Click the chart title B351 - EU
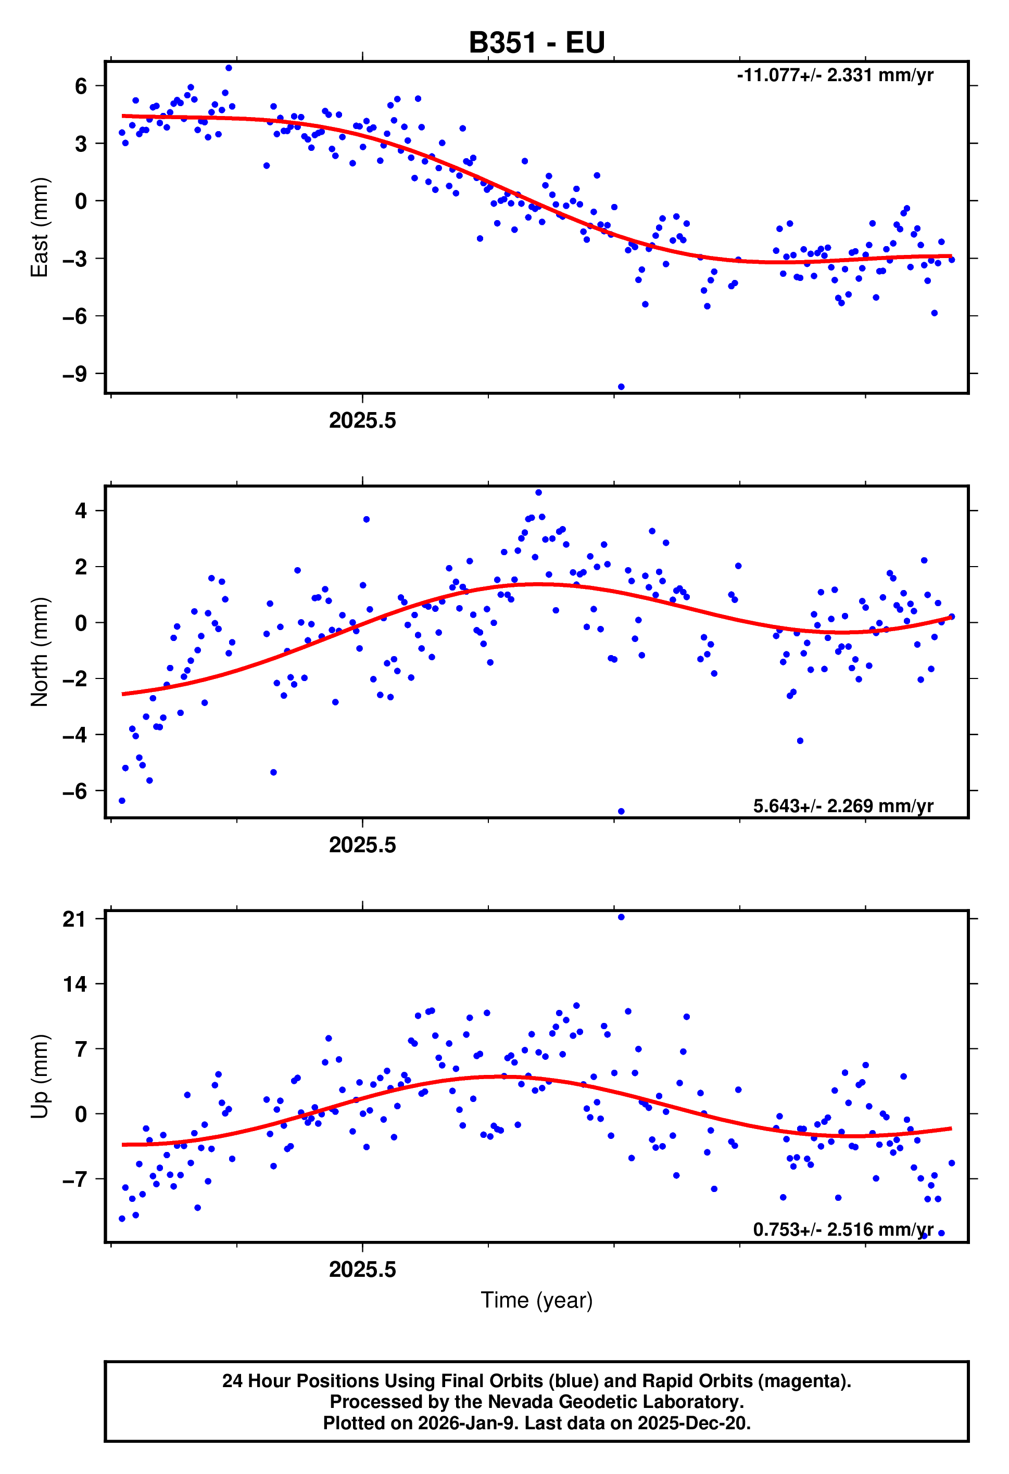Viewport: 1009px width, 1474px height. [x=536, y=43]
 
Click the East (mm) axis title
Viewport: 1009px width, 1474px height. [x=40, y=227]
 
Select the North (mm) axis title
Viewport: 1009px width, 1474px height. [x=40, y=651]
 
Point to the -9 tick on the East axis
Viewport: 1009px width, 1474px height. [x=75, y=374]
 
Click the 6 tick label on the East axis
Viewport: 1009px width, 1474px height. [x=81, y=86]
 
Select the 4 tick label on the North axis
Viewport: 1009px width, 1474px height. [x=81, y=510]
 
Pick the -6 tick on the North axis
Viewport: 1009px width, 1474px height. [x=75, y=791]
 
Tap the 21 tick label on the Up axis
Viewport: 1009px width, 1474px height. [x=75, y=919]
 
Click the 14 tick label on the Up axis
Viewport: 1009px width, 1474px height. [x=75, y=984]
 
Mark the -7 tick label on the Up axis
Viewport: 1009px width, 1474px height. [x=75, y=1178]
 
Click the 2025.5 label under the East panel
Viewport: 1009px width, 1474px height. [x=362, y=420]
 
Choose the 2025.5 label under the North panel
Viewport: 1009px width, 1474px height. [x=362, y=845]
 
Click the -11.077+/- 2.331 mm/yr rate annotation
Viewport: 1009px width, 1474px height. [x=835, y=75]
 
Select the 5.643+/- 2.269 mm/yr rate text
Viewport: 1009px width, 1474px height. [x=843, y=805]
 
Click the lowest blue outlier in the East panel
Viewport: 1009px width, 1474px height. [x=621, y=387]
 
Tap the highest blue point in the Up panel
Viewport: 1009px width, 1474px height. [x=621, y=917]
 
